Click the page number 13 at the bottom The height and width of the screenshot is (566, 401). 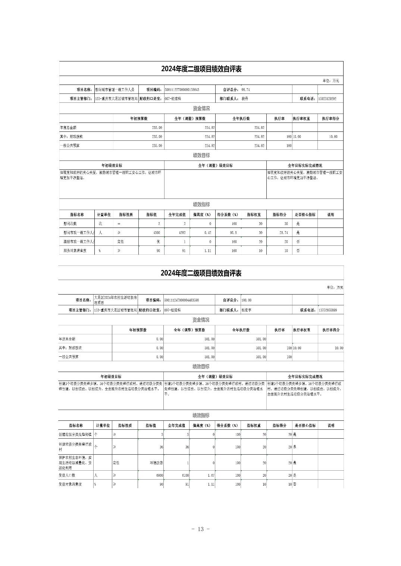(x=200, y=529)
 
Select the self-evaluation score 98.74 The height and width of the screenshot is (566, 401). (x=245, y=90)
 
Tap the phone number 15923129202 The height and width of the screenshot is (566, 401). (x=327, y=99)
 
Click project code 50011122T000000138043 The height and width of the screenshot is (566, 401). (x=182, y=90)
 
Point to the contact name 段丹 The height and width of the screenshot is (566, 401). (x=245, y=99)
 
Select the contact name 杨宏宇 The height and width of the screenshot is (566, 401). (x=246, y=310)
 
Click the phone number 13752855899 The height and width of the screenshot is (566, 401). (x=328, y=310)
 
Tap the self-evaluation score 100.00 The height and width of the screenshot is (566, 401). (x=247, y=300)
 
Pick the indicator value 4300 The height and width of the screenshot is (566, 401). (x=156, y=233)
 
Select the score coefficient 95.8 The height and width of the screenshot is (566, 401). (x=233, y=233)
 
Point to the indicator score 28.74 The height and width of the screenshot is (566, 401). (x=283, y=233)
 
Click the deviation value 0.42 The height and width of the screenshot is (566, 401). (x=207, y=233)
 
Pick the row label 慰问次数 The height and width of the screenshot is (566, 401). (x=70, y=224)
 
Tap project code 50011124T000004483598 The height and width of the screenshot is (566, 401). (x=181, y=300)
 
